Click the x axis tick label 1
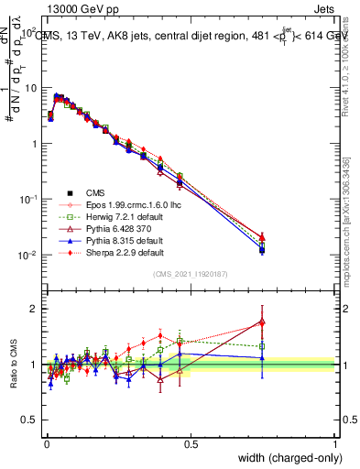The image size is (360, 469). coord(335,444)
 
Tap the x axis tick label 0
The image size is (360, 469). coord(46,444)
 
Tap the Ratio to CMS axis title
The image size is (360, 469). coord(14,366)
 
